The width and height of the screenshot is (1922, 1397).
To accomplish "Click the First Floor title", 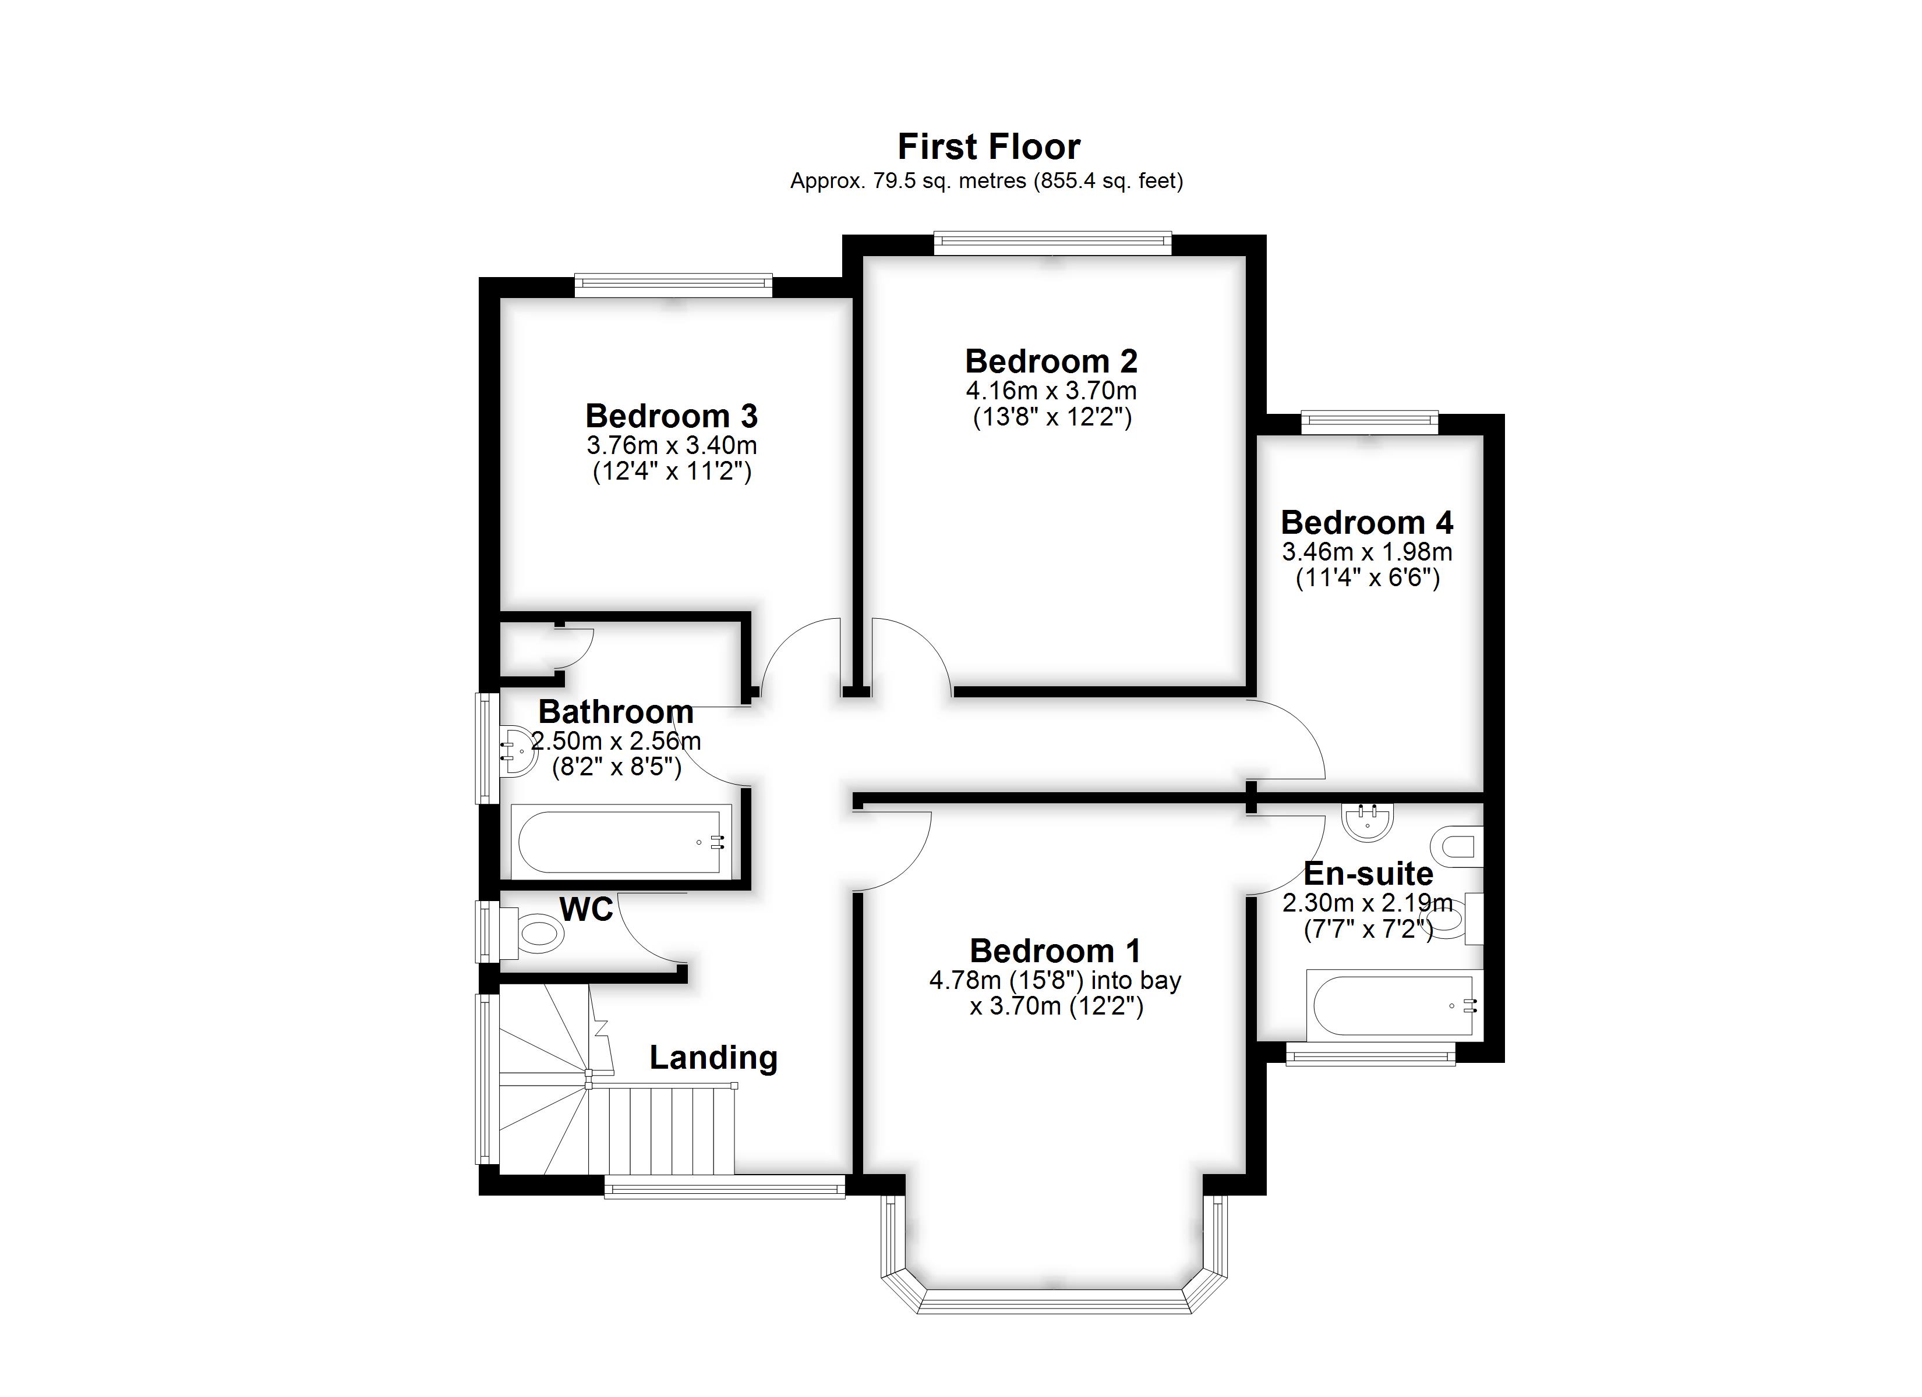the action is [x=989, y=147].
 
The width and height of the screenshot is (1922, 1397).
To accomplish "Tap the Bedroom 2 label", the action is [x=1051, y=361].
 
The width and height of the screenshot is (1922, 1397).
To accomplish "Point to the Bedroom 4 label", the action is [x=1367, y=522].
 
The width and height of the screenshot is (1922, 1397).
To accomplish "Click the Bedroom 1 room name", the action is [x=1055, y=951].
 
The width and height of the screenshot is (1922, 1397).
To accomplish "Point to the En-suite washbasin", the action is [x=1368, y=821].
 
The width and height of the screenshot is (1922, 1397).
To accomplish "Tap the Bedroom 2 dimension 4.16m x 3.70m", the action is [x=1051, y=391].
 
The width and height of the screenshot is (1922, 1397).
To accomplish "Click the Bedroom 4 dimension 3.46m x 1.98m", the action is [x=1367, y=552].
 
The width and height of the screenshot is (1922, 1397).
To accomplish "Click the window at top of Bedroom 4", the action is [x=1369, y=422].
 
